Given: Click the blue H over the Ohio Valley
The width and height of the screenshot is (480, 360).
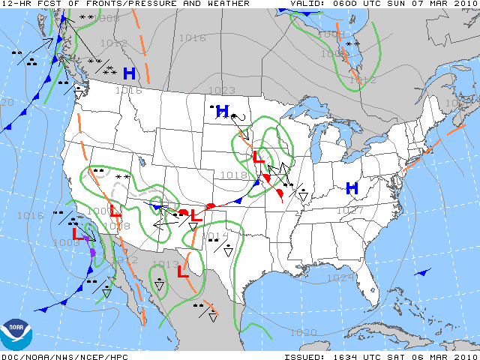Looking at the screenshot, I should (x=351, y=188).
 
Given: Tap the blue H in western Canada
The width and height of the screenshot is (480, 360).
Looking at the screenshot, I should (x=129, y=73).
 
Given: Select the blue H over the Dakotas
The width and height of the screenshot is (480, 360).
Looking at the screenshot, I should (x=222, y=112).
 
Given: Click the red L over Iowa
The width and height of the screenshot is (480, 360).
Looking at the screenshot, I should (x=257, y=157).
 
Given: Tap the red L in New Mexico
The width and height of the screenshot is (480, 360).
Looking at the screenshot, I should (x=196, y=215).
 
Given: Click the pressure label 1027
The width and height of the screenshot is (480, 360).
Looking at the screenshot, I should (x=348, y=211).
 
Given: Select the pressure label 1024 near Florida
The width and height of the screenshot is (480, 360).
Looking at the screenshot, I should (x=340, y=277).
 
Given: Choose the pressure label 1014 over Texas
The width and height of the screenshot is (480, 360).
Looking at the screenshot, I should (x=215, y=236).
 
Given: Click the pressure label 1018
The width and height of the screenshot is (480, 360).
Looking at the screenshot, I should (x=235, y=175).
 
